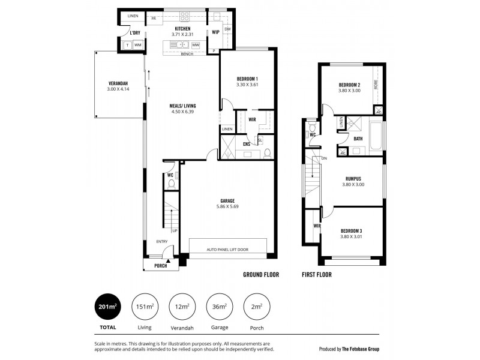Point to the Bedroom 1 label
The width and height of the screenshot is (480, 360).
pyautogui.click(x=247, y=79)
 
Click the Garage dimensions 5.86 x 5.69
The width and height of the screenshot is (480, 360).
pyautogui.click(x=227, y=207)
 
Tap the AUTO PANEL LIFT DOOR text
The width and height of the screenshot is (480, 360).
pyautogui.click(x=227, y=250)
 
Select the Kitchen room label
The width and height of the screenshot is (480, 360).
pyautogui.click(x=182, y=28)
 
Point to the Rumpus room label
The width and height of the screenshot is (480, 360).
pyautogui.click(x=352, y=178)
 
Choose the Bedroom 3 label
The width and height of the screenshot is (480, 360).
pyautogui.click(x=352, y=231)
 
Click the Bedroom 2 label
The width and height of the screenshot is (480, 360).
pyautogui.click(x=349, y=85)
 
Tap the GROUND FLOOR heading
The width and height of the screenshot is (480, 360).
pyautogui.click(x=262, y=275)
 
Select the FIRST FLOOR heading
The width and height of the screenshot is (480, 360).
pyautogui.click(x=316, y=275)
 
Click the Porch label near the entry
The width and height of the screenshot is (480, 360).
pyautogui.click(x=160, y=265)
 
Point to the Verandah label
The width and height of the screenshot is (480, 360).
pyautogui.click(x=118, y=83)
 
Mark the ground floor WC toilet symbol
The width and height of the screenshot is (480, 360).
pyautogui.click(x=171, y=184)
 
